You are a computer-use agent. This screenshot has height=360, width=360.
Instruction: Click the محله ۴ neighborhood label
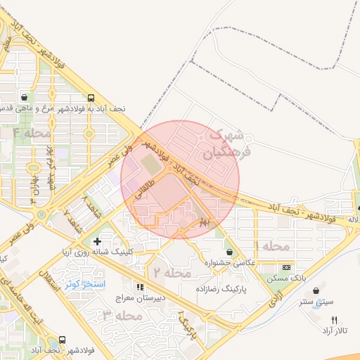[x=32, y=133]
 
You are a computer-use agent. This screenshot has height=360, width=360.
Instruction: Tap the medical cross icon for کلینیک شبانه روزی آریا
[x=97, y=241]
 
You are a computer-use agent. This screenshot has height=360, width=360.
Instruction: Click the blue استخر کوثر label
[x=84, y=284]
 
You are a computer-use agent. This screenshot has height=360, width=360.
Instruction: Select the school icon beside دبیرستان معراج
[x=139, y=287]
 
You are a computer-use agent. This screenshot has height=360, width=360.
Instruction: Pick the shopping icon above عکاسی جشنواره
[x=230, y=251]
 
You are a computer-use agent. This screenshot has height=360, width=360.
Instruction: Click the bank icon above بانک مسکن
[x=286, y=268]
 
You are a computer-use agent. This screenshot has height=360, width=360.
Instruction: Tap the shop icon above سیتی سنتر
[x=316, y=290]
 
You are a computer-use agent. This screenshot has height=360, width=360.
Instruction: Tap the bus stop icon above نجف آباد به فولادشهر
[x=91, y=98]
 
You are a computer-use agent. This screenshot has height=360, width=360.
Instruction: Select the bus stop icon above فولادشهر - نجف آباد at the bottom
[x=63, y=339]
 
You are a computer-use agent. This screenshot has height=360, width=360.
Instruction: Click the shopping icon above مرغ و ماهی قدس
[x=25, y=98]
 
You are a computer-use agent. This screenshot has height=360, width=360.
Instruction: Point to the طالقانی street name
[x=140, y=193]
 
